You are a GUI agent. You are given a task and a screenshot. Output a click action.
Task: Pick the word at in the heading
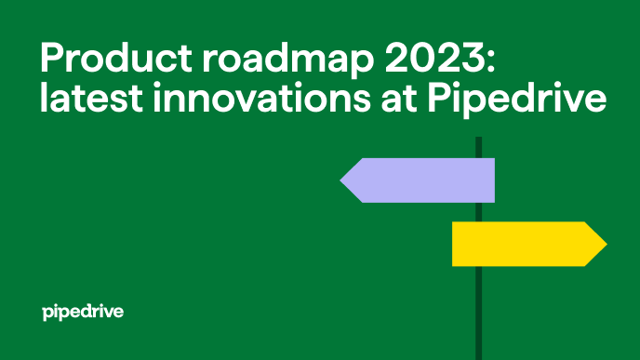point(406,100)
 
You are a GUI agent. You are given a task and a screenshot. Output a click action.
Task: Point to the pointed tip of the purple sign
point(342,180)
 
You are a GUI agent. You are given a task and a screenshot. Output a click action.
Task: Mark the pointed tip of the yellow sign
point(605,244)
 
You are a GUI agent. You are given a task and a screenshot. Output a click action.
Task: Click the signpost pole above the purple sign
point(478,147)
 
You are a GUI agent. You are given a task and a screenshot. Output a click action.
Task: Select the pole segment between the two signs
point(478,212)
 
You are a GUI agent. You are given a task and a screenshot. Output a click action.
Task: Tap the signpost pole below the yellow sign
point(478,312)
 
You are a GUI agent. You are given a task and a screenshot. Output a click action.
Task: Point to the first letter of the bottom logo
point(48,313)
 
